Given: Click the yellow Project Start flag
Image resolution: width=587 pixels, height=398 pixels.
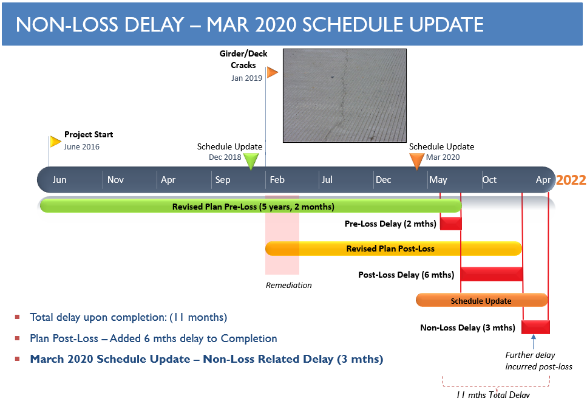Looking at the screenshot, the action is (55, 142).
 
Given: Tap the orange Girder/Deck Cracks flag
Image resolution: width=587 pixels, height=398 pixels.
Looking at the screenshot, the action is (272, 72).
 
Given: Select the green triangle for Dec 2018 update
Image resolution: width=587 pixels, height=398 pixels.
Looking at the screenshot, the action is (251, 161).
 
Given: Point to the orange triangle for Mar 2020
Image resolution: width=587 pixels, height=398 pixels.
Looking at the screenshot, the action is (416, 161).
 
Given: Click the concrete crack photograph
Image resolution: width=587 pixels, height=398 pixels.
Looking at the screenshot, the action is (345, 95).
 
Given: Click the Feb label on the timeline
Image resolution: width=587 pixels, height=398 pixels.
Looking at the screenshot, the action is (277, 180).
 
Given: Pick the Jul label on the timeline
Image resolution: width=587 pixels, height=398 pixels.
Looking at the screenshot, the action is (327, 180).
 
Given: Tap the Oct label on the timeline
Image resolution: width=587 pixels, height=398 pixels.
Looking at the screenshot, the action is (489, 180).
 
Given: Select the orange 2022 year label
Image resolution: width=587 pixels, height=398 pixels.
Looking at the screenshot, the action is (571, 180).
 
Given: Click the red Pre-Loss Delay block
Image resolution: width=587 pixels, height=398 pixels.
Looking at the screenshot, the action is (451, 224).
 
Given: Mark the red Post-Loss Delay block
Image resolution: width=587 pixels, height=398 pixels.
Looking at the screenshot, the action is (492, 274).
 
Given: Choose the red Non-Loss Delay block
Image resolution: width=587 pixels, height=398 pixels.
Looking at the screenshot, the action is (536, 327).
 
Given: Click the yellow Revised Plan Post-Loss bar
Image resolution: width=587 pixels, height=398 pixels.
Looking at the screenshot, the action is (393, 249).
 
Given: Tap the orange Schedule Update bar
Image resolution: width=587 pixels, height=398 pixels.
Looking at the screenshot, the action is (482, 300).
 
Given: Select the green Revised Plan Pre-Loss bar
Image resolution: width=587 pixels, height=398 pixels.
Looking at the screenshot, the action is (251, 206).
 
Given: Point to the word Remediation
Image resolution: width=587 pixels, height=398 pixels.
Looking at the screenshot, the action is (288, 285).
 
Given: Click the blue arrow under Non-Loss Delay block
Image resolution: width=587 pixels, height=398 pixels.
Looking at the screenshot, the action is (534, 341).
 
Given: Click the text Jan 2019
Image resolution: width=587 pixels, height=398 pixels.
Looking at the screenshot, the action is (246, 78).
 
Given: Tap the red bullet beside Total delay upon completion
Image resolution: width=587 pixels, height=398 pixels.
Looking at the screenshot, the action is (17, 317).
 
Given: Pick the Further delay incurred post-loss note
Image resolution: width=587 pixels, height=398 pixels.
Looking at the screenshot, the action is (538, 360).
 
